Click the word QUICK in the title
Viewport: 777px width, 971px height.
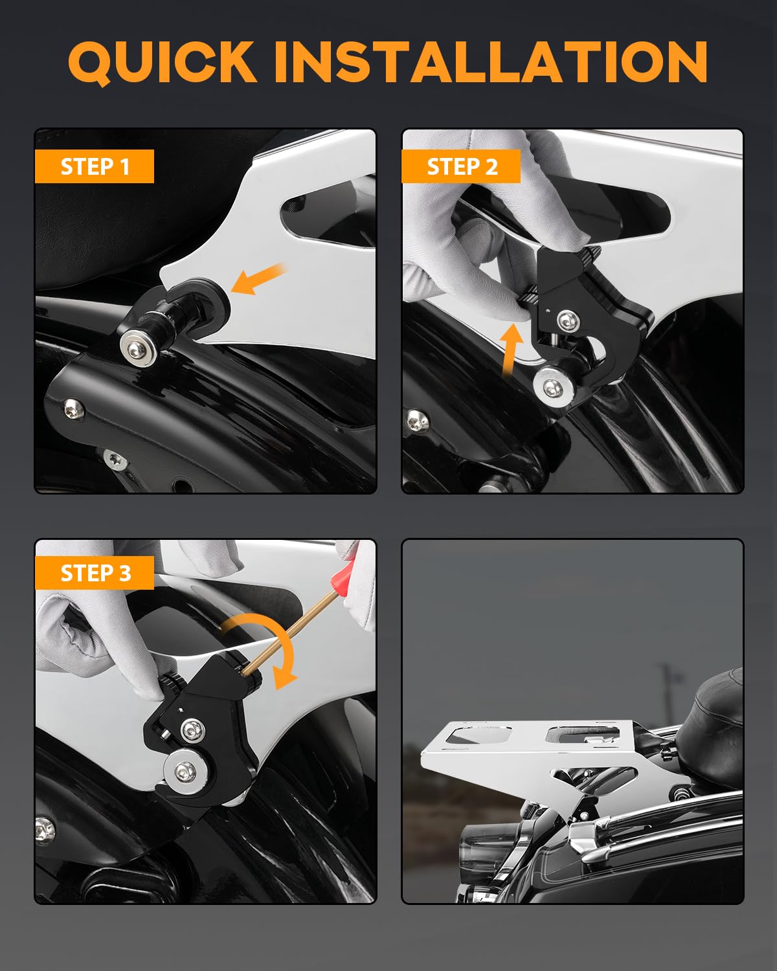162,62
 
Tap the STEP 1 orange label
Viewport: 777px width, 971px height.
95,166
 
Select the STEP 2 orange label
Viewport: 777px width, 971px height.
461,166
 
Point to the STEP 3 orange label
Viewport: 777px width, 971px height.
95,573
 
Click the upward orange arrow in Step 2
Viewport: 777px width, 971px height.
511,350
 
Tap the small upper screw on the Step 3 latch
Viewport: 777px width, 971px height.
190,731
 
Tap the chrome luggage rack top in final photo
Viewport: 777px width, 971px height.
524,744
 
